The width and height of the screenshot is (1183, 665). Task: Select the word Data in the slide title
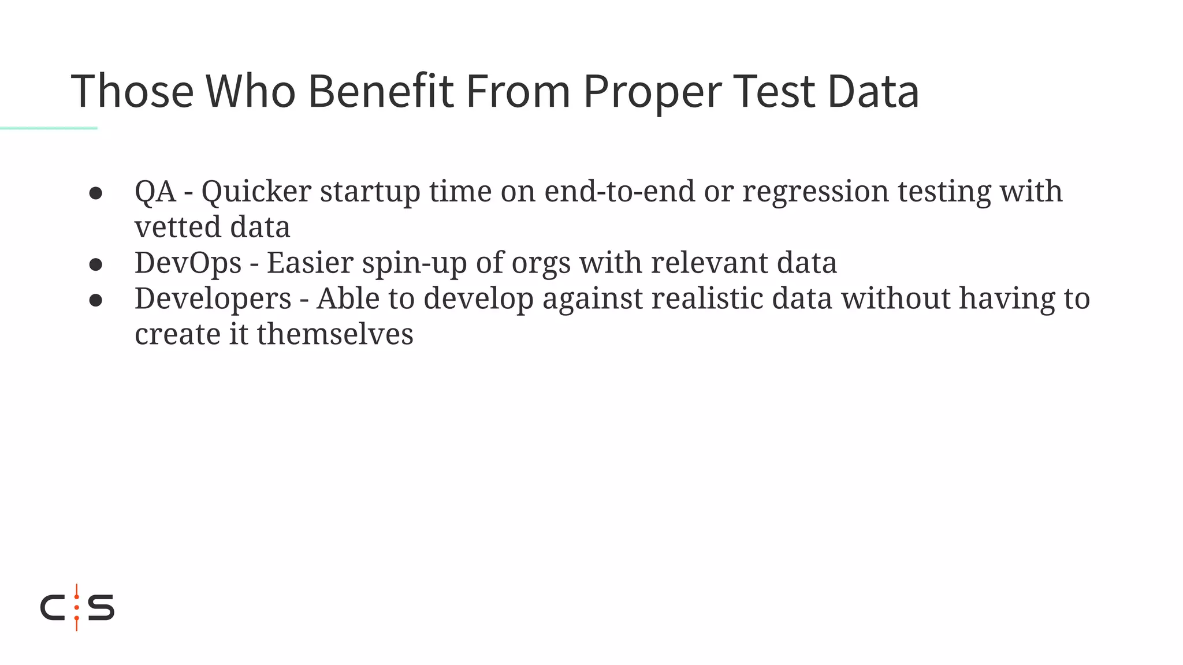click(873, 91)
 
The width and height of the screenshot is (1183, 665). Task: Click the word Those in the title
click(132, 91)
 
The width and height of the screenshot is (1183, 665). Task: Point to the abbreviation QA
click(155, 191)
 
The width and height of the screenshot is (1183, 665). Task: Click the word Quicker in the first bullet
click(256, 191)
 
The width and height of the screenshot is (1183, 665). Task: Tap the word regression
click(815, 192)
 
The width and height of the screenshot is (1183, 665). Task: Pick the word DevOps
click(188, 263)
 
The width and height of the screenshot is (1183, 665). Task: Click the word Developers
click(213, 299)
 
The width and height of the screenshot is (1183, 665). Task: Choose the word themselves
click(335, 334)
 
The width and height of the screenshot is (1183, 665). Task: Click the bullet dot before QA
click(96, 193)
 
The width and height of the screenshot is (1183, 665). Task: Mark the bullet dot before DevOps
click(96, 264)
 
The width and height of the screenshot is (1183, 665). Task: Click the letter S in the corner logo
click(101, 607)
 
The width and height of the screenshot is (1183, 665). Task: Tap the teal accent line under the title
click(49, 128)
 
